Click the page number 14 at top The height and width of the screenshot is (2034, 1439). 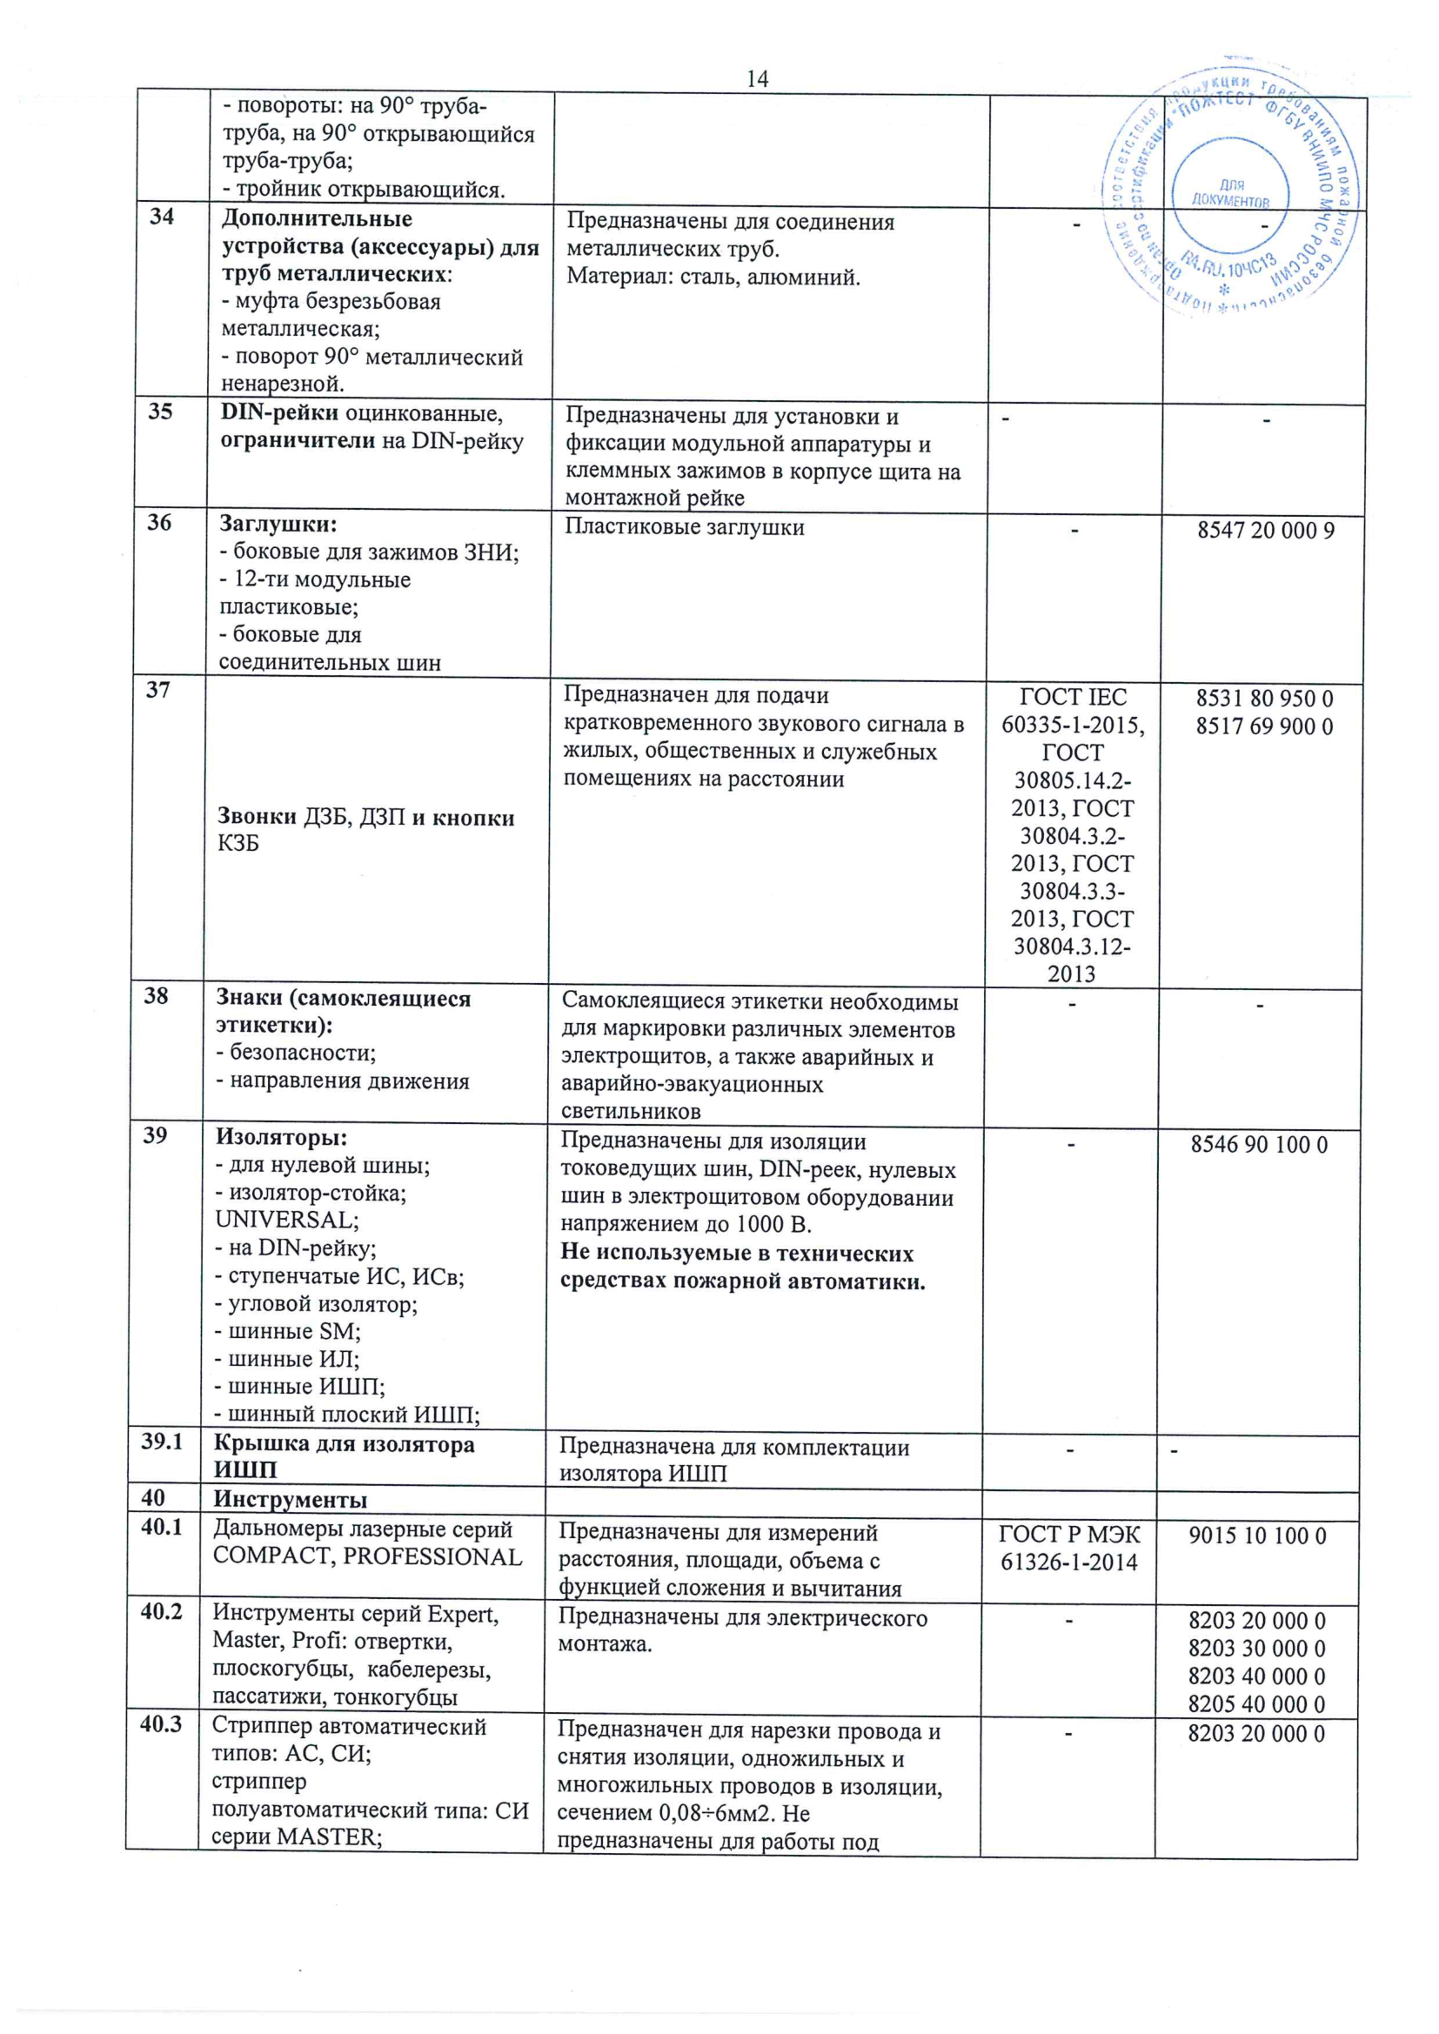[x=757, y=79]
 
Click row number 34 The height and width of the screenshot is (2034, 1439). [x=161, y=216]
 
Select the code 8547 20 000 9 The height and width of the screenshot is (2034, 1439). [x=1265, y=530]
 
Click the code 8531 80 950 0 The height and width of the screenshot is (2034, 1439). [x=1264, y=698]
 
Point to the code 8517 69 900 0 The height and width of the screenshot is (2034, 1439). [x=1264, y=726]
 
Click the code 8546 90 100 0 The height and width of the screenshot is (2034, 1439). [x=1259, y=1145]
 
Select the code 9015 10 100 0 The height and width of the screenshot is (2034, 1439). [x=1257, y=1536]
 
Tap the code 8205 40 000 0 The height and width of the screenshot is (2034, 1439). [x=1256, y=1703]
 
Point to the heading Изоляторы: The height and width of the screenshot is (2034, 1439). [x=282, y=1136]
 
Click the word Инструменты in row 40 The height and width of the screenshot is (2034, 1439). [x=290, y=1500]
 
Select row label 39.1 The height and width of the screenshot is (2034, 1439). [x=161, y=1442]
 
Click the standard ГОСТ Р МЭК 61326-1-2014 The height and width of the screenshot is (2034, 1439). [x=1069, y=1548]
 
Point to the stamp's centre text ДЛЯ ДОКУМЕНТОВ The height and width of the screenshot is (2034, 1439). [x=1231, y=193]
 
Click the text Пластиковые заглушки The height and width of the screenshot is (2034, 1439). [x=684, y=527]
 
